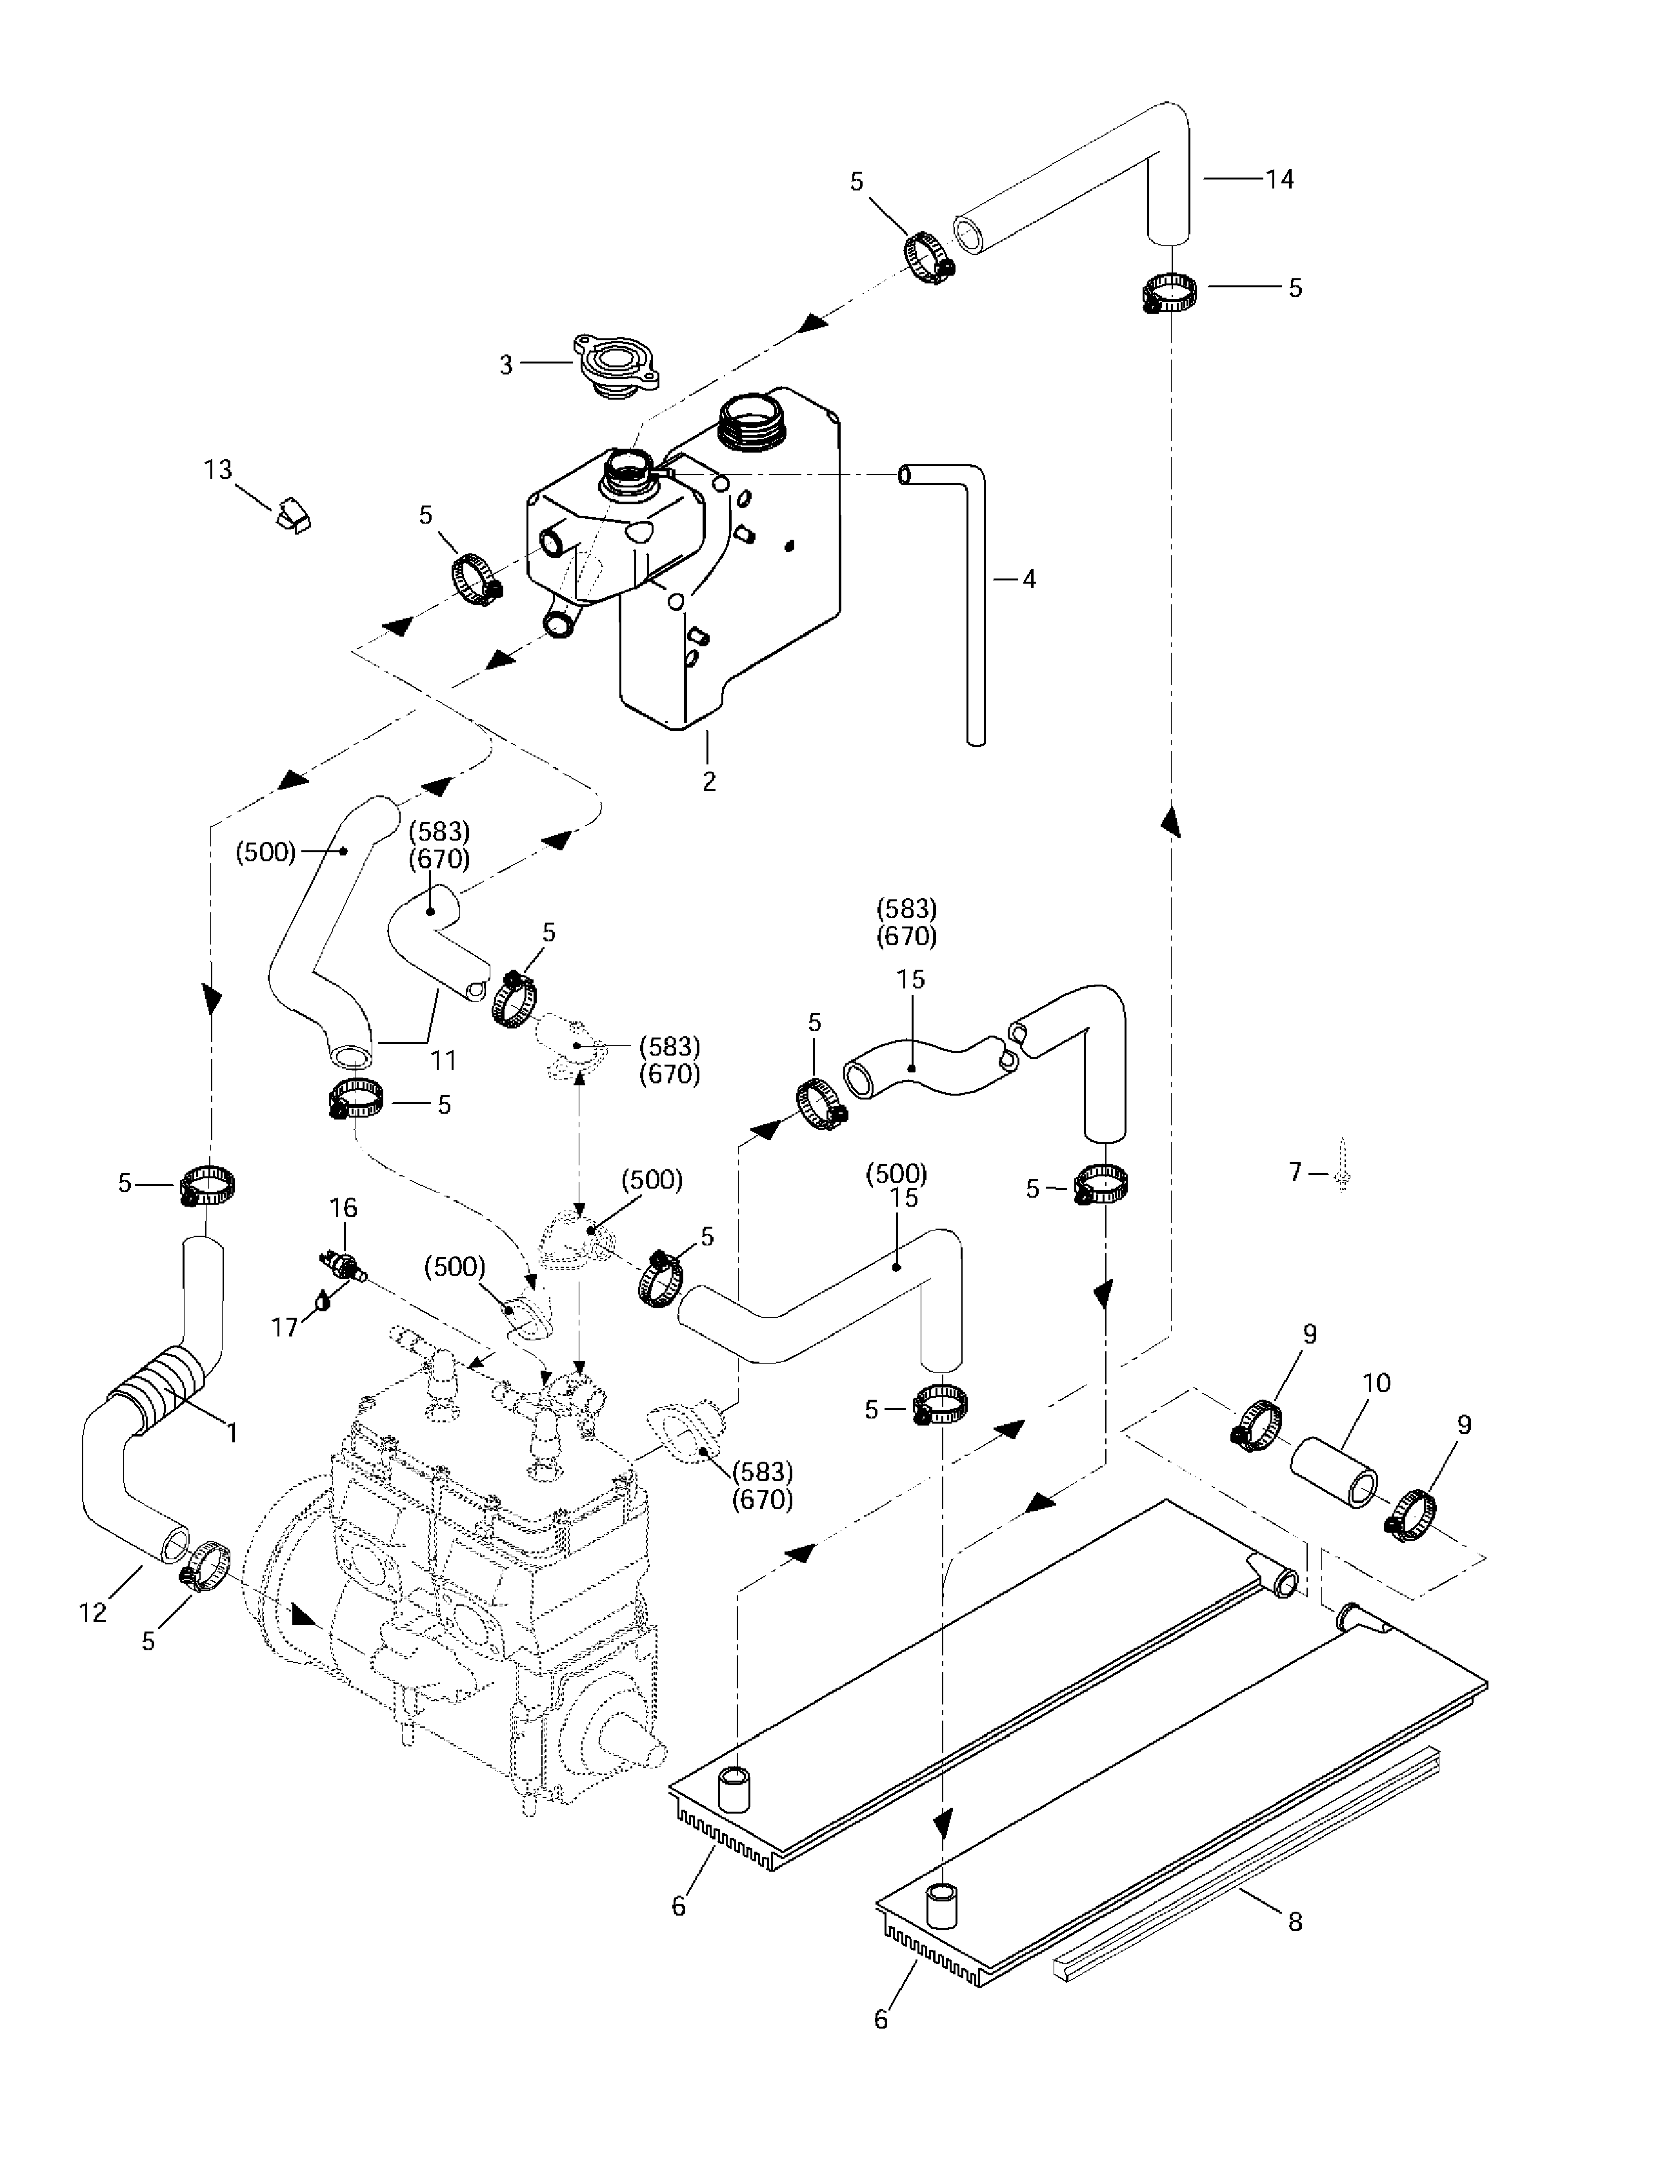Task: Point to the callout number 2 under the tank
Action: point(708,781)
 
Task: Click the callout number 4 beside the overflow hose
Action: point(1028,579)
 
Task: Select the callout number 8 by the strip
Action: point(1294,1921)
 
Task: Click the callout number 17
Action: point(285,1327)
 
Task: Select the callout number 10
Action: point(1376,1382)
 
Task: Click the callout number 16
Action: point(343,1207)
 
